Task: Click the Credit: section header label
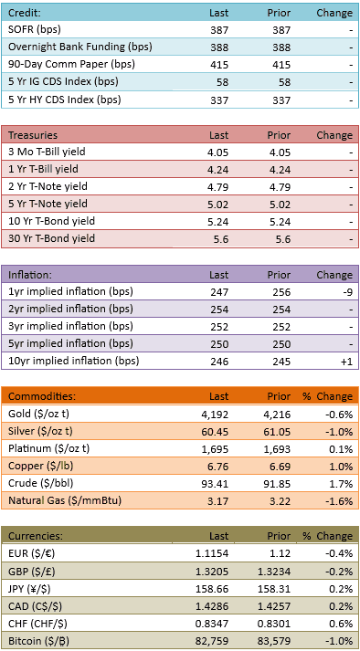(25, 13)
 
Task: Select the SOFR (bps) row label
(35, 29)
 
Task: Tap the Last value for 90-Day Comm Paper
(218, 65)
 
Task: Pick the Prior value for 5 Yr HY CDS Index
(281, 100)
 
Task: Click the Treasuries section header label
(32, 135)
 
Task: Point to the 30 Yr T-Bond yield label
(51, 238)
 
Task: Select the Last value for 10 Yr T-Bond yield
(217, 222)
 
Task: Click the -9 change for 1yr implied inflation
(347, 292)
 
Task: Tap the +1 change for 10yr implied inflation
(347, 362)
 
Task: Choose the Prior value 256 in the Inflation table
(281, 292)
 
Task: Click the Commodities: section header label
(42, 396)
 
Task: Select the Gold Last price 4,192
(217, 414)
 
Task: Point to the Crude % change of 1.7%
(343, 484)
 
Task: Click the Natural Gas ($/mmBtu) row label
(65, 500)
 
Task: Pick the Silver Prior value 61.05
(279, 432)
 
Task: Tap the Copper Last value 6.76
(219, 467)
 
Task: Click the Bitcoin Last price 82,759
(215, 640)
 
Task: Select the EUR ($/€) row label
(28, 553)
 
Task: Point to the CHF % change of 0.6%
(343, 624)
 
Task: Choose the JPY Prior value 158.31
(277, 589)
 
